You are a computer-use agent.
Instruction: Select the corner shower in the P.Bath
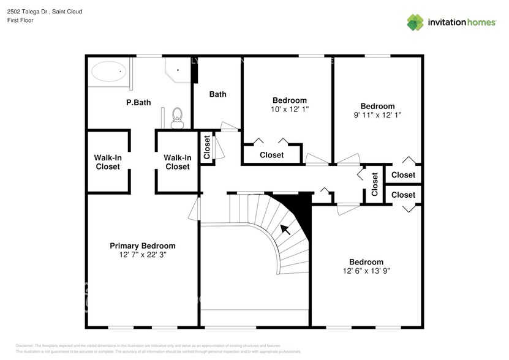click(178, 70)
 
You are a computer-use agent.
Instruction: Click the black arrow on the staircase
click(285, 230)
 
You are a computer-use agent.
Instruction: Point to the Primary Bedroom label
click(142, 246)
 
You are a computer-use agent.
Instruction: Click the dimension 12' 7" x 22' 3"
click(142, 255)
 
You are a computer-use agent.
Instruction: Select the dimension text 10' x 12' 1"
click(289, 109)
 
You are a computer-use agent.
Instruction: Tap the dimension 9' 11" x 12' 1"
click(377, 114)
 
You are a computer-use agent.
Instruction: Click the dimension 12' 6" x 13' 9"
click(366, 271)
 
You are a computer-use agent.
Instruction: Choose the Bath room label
click(217, 94)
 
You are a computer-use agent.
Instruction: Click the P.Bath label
click(138, 103)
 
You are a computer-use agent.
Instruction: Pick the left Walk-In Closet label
click(107, 162)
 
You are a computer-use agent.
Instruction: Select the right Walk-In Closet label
click(177, 162)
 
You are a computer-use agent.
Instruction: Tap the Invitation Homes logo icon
click(416, 23)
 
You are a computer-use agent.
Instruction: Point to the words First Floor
click(21, 20)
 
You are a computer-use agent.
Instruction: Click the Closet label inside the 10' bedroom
click(271, 155)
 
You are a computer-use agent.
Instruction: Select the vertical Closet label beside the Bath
click(207, 148)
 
